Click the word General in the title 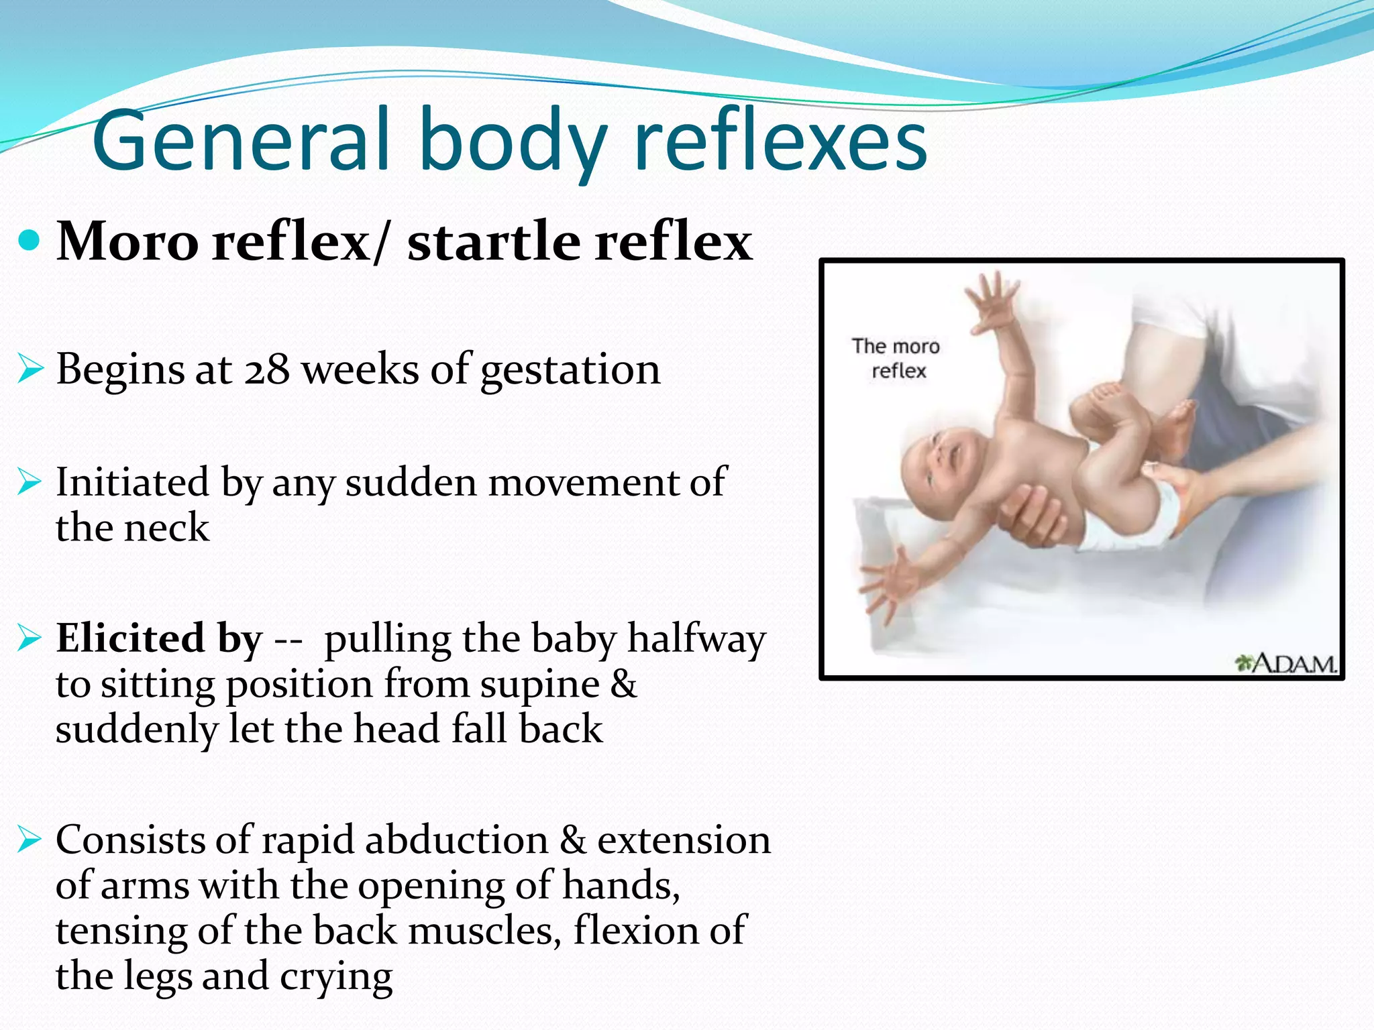(242, 141)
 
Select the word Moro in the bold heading (127, 241)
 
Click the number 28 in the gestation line (266, 369)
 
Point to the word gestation (570, 371)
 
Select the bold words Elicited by (159, 638)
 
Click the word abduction (456, 841)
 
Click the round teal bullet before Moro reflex (30, 240)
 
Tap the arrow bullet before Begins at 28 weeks (30, 369)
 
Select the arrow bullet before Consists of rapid (30, 840)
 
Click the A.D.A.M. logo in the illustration (1285, 663)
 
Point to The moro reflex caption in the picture (896, 359)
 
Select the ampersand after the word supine (623, 685)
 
